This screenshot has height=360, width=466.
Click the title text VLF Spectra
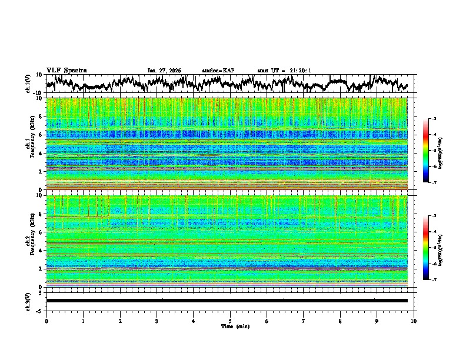66,71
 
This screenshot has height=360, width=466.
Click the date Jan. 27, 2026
164,71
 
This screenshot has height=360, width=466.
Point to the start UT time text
284,71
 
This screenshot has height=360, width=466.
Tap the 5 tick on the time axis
230,321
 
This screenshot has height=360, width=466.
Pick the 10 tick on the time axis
414,321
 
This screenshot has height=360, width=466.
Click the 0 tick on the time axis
46,321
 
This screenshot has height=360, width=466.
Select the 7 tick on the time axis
304,321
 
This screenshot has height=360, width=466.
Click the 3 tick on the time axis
157,321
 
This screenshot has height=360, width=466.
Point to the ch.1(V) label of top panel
29,84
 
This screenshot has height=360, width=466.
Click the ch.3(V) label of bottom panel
29,301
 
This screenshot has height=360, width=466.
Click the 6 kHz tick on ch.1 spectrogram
42,135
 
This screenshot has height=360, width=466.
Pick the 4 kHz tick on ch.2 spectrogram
42,251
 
